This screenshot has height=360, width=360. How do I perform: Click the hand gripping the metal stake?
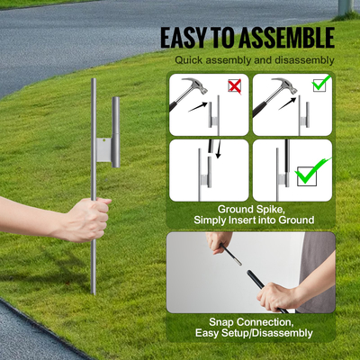click(x=88, y=217)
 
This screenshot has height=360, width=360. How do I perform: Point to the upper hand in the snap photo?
click(x=219, y=242)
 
